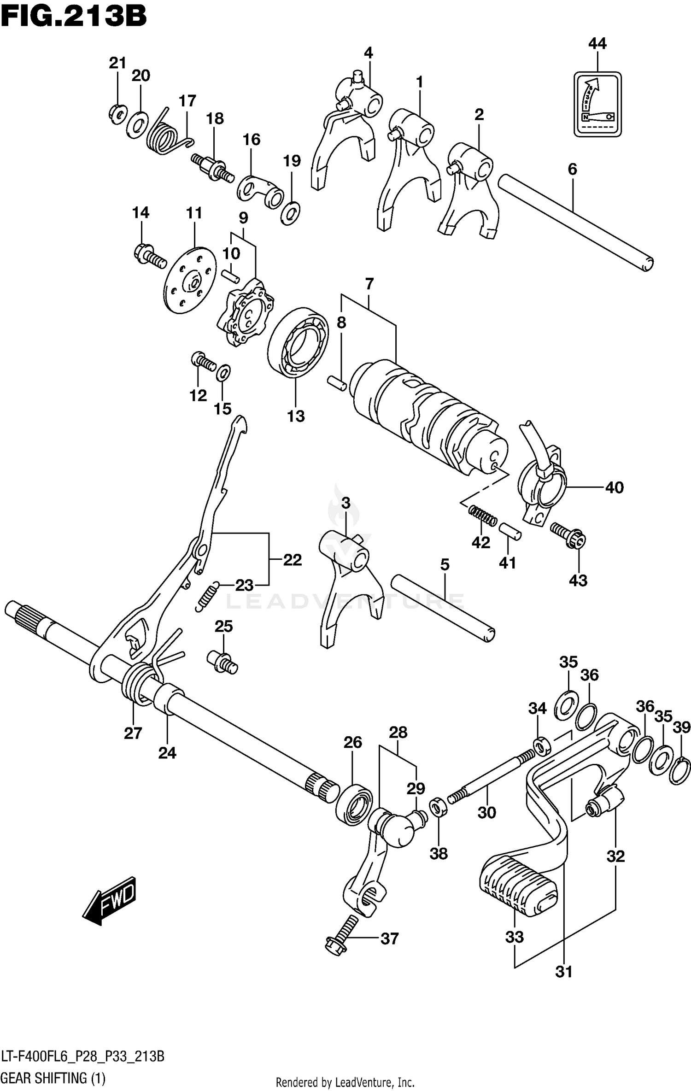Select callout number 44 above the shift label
coord(597,43)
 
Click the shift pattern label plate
coord(597,104)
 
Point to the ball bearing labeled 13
coord(298,342)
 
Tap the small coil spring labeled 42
coord(482,515)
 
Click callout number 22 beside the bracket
coord(292,560)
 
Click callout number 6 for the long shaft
coord(572,169)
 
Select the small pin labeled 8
coord(336,383)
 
